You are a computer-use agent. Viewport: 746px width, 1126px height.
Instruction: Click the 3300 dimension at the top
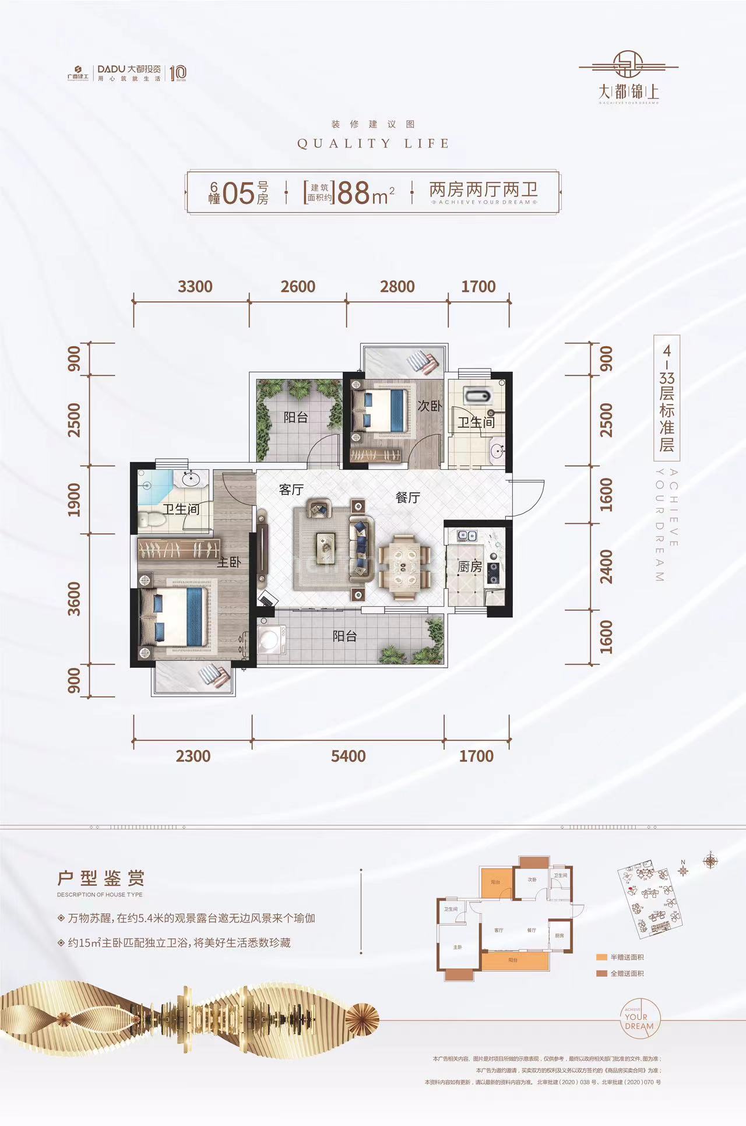pyautogui.click(x=195, y=287)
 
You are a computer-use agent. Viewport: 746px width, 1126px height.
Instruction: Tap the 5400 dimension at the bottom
pyautogui.click(x=348, y=756)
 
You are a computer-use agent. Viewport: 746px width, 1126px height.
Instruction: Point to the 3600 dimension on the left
pyautogui.click(x=75, y=599)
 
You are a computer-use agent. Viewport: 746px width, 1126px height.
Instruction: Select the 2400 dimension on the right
pyautogui.click(x=606, y=566)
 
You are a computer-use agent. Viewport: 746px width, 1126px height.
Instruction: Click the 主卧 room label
pyautogui.click(x=228, y=562)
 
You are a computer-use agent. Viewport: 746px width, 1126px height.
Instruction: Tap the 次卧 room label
pyautogui.click(x=429, y=406)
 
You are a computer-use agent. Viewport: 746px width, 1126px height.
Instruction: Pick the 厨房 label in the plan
pyautogui.click(x=469, y=566)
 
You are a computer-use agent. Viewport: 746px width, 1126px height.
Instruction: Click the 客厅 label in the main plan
pyautogui.click(x=291, y=490)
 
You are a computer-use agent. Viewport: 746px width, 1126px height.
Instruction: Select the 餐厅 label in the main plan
pyautogui.click(x=407, y=497)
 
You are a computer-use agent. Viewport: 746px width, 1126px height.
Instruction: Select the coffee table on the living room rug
pyautogui.click(x=325, y=547)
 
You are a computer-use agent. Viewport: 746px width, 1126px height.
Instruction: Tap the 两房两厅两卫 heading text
pyautogui.click(x=483, y=190)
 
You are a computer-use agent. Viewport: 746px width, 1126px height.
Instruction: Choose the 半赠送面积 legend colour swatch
pyautogui.click(x=601, y=957)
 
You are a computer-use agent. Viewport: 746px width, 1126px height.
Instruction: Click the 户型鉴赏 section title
pyautogui.click(x=100, y=878)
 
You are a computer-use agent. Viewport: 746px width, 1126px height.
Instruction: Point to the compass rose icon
pyautogui.click(x=710, y=860)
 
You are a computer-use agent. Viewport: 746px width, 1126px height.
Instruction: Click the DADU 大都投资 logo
pyautogui.click(x=129, y=68)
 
